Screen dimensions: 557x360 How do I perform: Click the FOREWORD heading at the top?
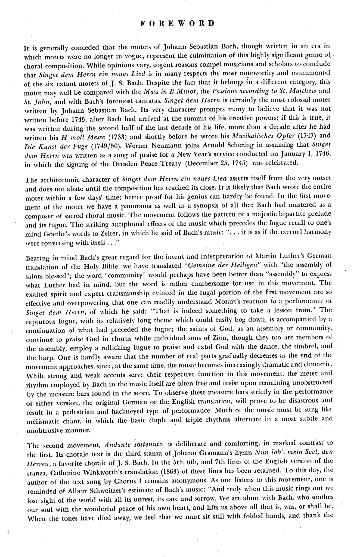click(178, 23)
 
